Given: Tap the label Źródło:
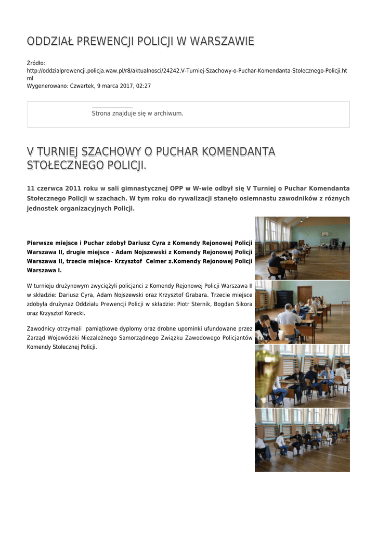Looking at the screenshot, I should [36, 63].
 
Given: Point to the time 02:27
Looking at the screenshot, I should [143, 85].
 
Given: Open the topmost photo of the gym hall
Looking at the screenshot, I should [302, 248].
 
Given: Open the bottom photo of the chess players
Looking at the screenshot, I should [302, 440].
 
